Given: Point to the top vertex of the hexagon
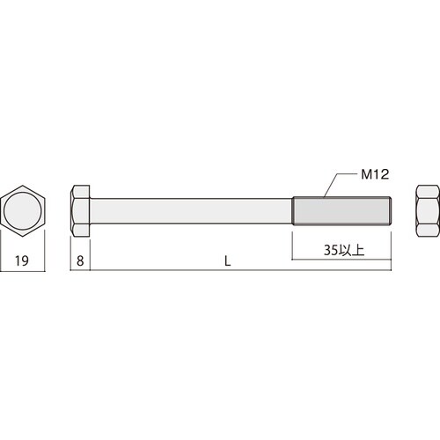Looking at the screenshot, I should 24,186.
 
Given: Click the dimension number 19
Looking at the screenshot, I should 24,260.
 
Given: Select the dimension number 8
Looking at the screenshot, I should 81,260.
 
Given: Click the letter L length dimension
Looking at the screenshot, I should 228,260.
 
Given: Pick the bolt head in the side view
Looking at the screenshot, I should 81,212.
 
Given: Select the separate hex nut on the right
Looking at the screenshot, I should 427,212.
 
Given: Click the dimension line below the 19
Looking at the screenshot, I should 24,271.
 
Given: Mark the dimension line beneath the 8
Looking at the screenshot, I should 81,271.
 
